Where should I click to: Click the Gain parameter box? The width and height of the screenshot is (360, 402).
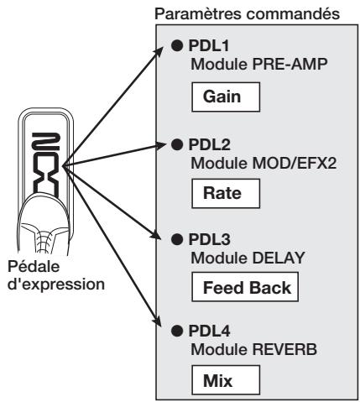point(226,97)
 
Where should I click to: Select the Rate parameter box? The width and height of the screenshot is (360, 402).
point(226,194)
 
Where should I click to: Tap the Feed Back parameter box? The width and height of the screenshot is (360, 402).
point(245,287)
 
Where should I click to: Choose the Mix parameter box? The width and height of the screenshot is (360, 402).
point(226,379)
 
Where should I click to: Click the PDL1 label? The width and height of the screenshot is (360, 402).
point(209,45)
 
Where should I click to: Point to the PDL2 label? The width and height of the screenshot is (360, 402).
point(210,144)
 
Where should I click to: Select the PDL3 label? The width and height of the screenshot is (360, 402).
point(210,239)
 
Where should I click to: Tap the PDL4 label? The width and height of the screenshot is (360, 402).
point(210,331)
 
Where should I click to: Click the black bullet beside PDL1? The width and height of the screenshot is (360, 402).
point(177,45)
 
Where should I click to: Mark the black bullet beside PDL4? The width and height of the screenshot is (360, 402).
point(177,331)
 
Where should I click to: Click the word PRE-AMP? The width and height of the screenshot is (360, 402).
point(290,65)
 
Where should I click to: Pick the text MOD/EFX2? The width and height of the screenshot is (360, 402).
point(295,163)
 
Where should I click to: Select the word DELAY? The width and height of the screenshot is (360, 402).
point(279,258)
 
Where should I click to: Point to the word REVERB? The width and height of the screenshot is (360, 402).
point(284,349)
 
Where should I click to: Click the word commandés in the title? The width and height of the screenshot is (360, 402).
point(293,14)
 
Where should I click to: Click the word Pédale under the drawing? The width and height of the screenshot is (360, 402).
point(34,266)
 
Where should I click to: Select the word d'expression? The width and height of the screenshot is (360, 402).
point(56,285)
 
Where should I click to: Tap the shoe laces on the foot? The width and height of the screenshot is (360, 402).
point(44,238)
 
